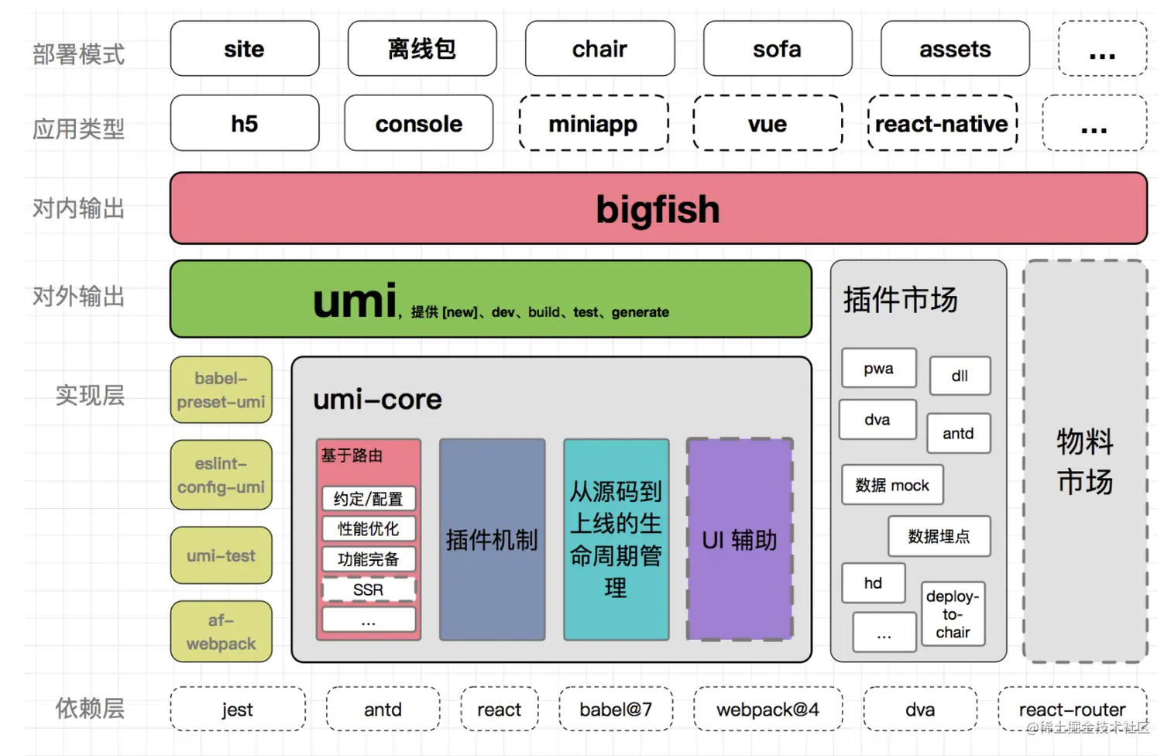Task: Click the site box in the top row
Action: tap(244, 49)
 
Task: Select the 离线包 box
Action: tap(422, 49)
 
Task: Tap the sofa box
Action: tap(777, 49)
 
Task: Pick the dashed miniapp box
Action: tap(593, 123)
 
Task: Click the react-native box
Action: tap(942, 123)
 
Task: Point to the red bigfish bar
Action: tap(658, 208)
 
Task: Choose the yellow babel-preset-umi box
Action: tap(221, 390)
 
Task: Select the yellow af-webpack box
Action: tap(221, 631)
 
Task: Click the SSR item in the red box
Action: tap(369, 589)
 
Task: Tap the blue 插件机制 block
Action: tap(492, 540)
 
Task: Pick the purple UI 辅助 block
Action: tap(740, 540)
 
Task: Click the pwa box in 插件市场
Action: tap(878, 369)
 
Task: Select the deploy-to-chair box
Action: tap(953, 614)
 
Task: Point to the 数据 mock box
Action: tap(892, 485)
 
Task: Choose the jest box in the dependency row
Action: tap(237, 709)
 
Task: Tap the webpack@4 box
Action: tap(768, 709)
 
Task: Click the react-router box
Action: tap(1072, 709)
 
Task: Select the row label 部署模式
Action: tap(78, 54)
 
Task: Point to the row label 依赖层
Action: tap(90, 708)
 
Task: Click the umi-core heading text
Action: tap(377, 399)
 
